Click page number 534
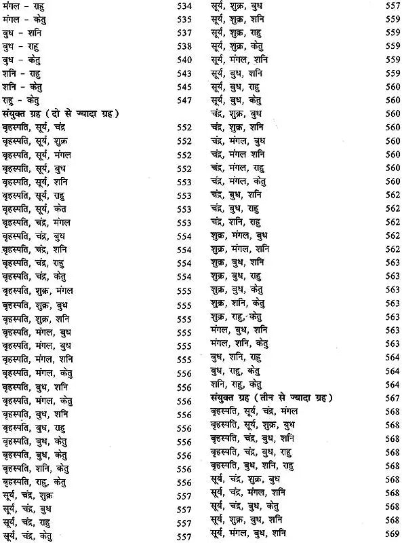(184, 7)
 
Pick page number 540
(184, 60)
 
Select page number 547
(184, 100)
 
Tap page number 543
(184, 73)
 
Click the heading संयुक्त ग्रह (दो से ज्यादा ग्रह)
(61, 113)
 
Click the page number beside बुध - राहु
(184, 47)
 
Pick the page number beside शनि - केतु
(184, 87)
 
